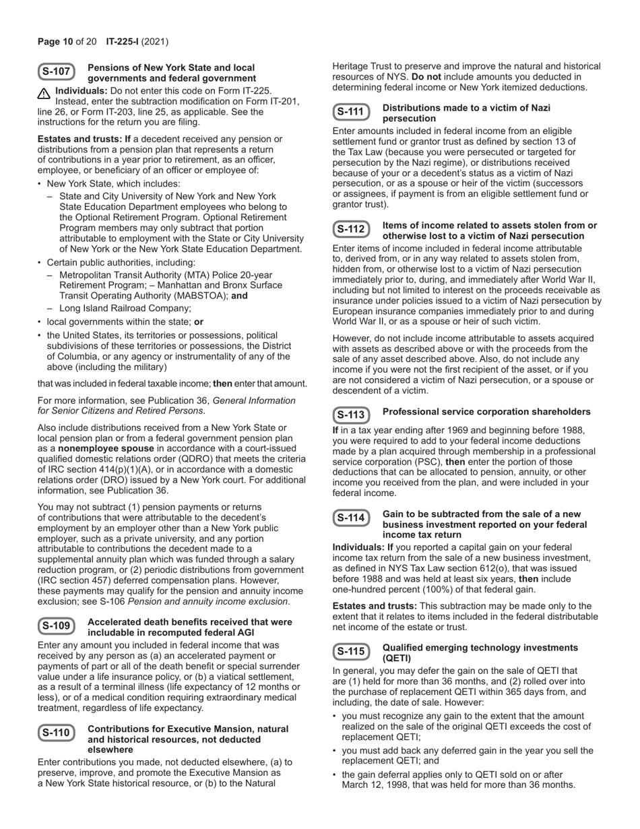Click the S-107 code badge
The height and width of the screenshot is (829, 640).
[56, 72]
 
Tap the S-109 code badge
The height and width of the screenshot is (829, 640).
[56, 626]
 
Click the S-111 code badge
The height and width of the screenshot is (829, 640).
[350, 112]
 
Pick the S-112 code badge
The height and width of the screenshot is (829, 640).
[350, 230]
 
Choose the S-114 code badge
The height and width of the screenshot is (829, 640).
[350, 518]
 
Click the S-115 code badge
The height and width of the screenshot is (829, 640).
[350, 652]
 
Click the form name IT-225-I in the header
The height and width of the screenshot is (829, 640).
[125, 42]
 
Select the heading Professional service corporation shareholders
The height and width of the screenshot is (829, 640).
[486, 412]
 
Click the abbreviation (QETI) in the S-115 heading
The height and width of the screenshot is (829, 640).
[397, 658]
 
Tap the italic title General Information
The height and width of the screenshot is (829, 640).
[253, 400]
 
